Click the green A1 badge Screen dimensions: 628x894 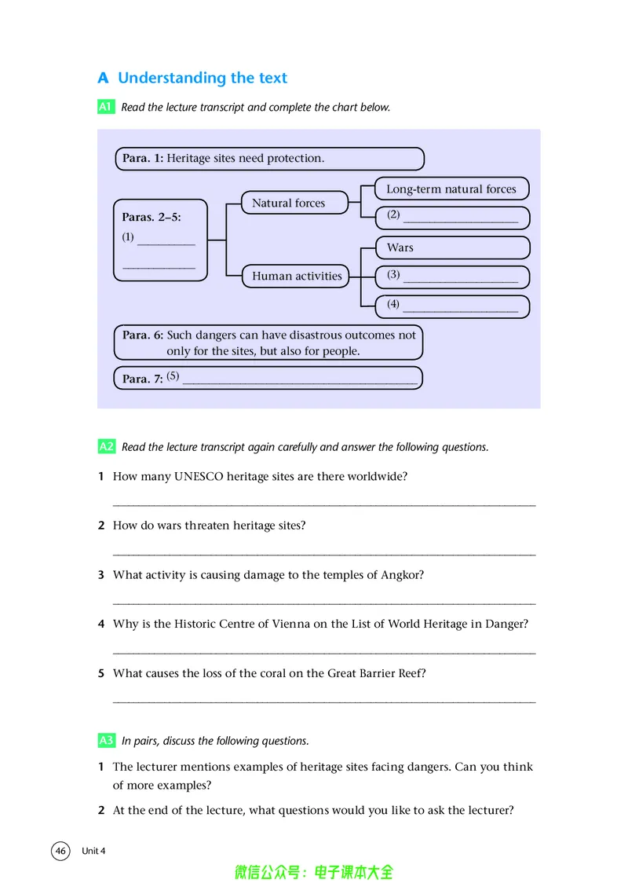[106, 107]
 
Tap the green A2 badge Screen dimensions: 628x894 [107, 446]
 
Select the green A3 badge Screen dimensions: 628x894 [107, 740]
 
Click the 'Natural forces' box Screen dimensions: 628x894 [294, 203]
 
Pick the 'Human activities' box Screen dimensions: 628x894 [296, 276]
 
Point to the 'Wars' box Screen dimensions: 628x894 [452, 247]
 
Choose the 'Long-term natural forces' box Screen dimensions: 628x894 [452, 189]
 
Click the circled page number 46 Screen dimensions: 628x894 [60, 851]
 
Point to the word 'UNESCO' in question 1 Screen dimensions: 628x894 [199, 476]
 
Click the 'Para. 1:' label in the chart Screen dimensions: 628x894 [142, 158]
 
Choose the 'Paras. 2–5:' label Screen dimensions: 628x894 [151, 218]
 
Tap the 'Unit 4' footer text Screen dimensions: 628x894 [93, 851]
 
